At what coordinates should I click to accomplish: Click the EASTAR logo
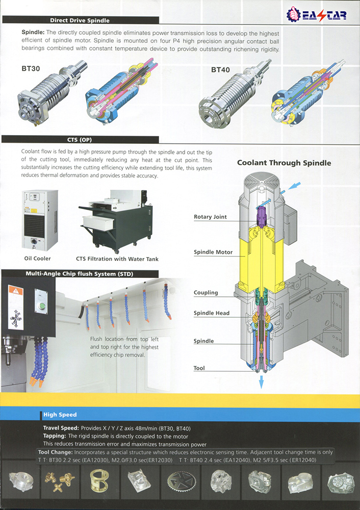(x=317, y=14)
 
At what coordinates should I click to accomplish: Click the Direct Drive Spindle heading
(x=80, y=21)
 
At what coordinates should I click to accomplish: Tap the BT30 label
(x=31, y=68)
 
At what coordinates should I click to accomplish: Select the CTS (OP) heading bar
(x=80, y=139)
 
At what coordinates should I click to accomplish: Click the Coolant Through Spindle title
(x=284, y=163)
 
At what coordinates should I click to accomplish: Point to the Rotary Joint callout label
(x=210, y=217)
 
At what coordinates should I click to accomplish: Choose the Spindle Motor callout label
(x=213, y=252)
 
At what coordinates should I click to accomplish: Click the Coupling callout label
(x=205, y=293)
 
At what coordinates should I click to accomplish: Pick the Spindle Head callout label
(x=211, y=313)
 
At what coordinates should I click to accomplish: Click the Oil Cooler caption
(x=38, y=259)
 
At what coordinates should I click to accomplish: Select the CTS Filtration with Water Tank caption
(x=117, y=259)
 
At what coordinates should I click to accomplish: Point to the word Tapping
(x=55, y=437)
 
